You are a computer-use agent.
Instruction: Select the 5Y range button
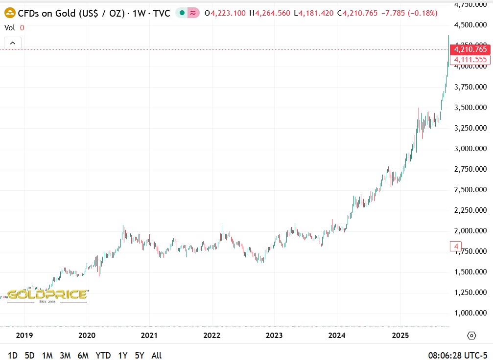(x=139, y=355)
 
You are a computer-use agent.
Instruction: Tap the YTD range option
(x=103, y=355)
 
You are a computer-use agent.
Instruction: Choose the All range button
(x=156, y=355)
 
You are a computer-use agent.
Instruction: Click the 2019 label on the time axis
(x=24, y=336)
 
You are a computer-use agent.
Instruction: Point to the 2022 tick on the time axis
(x=211, y=336)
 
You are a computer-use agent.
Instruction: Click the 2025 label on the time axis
(x=400, y=336)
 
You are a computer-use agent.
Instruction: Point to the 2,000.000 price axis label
(x=470, y=231)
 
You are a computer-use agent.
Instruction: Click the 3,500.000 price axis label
(x=470, y=108)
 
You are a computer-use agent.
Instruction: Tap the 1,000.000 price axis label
(x=470, y=313)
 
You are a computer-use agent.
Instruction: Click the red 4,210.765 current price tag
(x=470, y=49)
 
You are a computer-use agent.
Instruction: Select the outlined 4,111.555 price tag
(x=470, y=60)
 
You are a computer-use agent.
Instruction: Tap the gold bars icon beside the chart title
(x=10, y=13)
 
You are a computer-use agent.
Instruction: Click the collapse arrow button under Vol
(x=13, y=43)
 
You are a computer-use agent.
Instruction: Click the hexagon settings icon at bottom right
(x=471, y=336)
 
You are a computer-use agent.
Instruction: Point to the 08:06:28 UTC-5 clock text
(x=457, y=355)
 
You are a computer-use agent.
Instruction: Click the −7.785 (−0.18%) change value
(x=409, y=13)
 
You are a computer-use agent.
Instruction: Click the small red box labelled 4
(x=456, y=247)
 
